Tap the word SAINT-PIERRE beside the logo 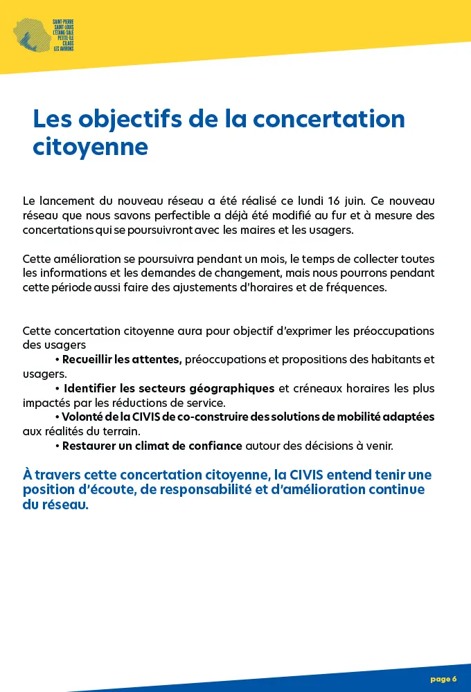64,22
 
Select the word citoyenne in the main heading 90,147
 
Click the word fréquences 357,287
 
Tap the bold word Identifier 90,388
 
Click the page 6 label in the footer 443,679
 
